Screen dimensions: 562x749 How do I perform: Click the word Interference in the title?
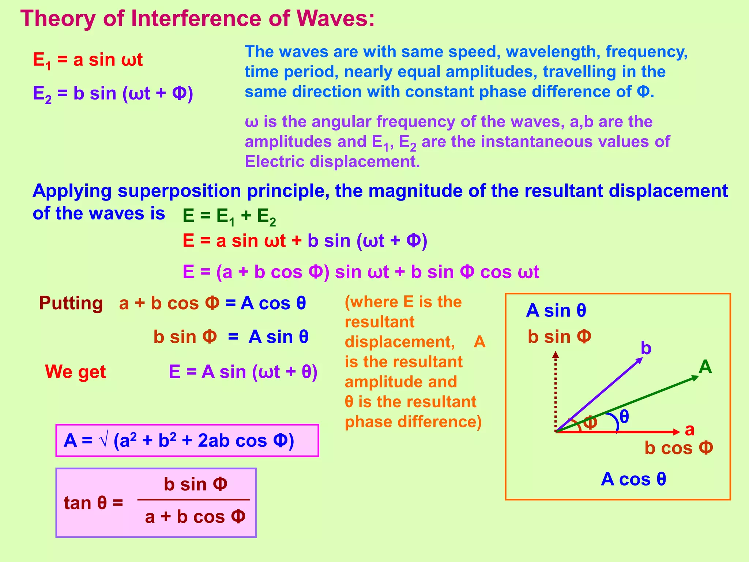[196, 18]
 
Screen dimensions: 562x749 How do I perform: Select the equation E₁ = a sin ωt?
[88, 60]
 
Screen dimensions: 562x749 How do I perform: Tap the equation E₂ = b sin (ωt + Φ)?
[113, 94]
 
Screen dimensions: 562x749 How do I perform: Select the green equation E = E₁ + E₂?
[229, 216]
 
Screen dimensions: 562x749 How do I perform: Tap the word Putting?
[71, 303]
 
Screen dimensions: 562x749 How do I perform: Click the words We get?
[75, 372]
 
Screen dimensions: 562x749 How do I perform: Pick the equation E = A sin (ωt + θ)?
[243, 372]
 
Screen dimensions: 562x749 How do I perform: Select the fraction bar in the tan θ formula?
[193, 499]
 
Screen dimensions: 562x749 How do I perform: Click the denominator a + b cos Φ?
[195, 517]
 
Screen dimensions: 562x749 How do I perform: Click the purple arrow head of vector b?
[640, 360]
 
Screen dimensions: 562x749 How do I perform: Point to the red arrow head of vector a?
[677, 432]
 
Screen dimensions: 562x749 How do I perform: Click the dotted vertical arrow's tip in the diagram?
[556, 354]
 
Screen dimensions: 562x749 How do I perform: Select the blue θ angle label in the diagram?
[624, 417]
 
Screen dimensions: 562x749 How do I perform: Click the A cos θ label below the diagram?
[633, 479]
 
